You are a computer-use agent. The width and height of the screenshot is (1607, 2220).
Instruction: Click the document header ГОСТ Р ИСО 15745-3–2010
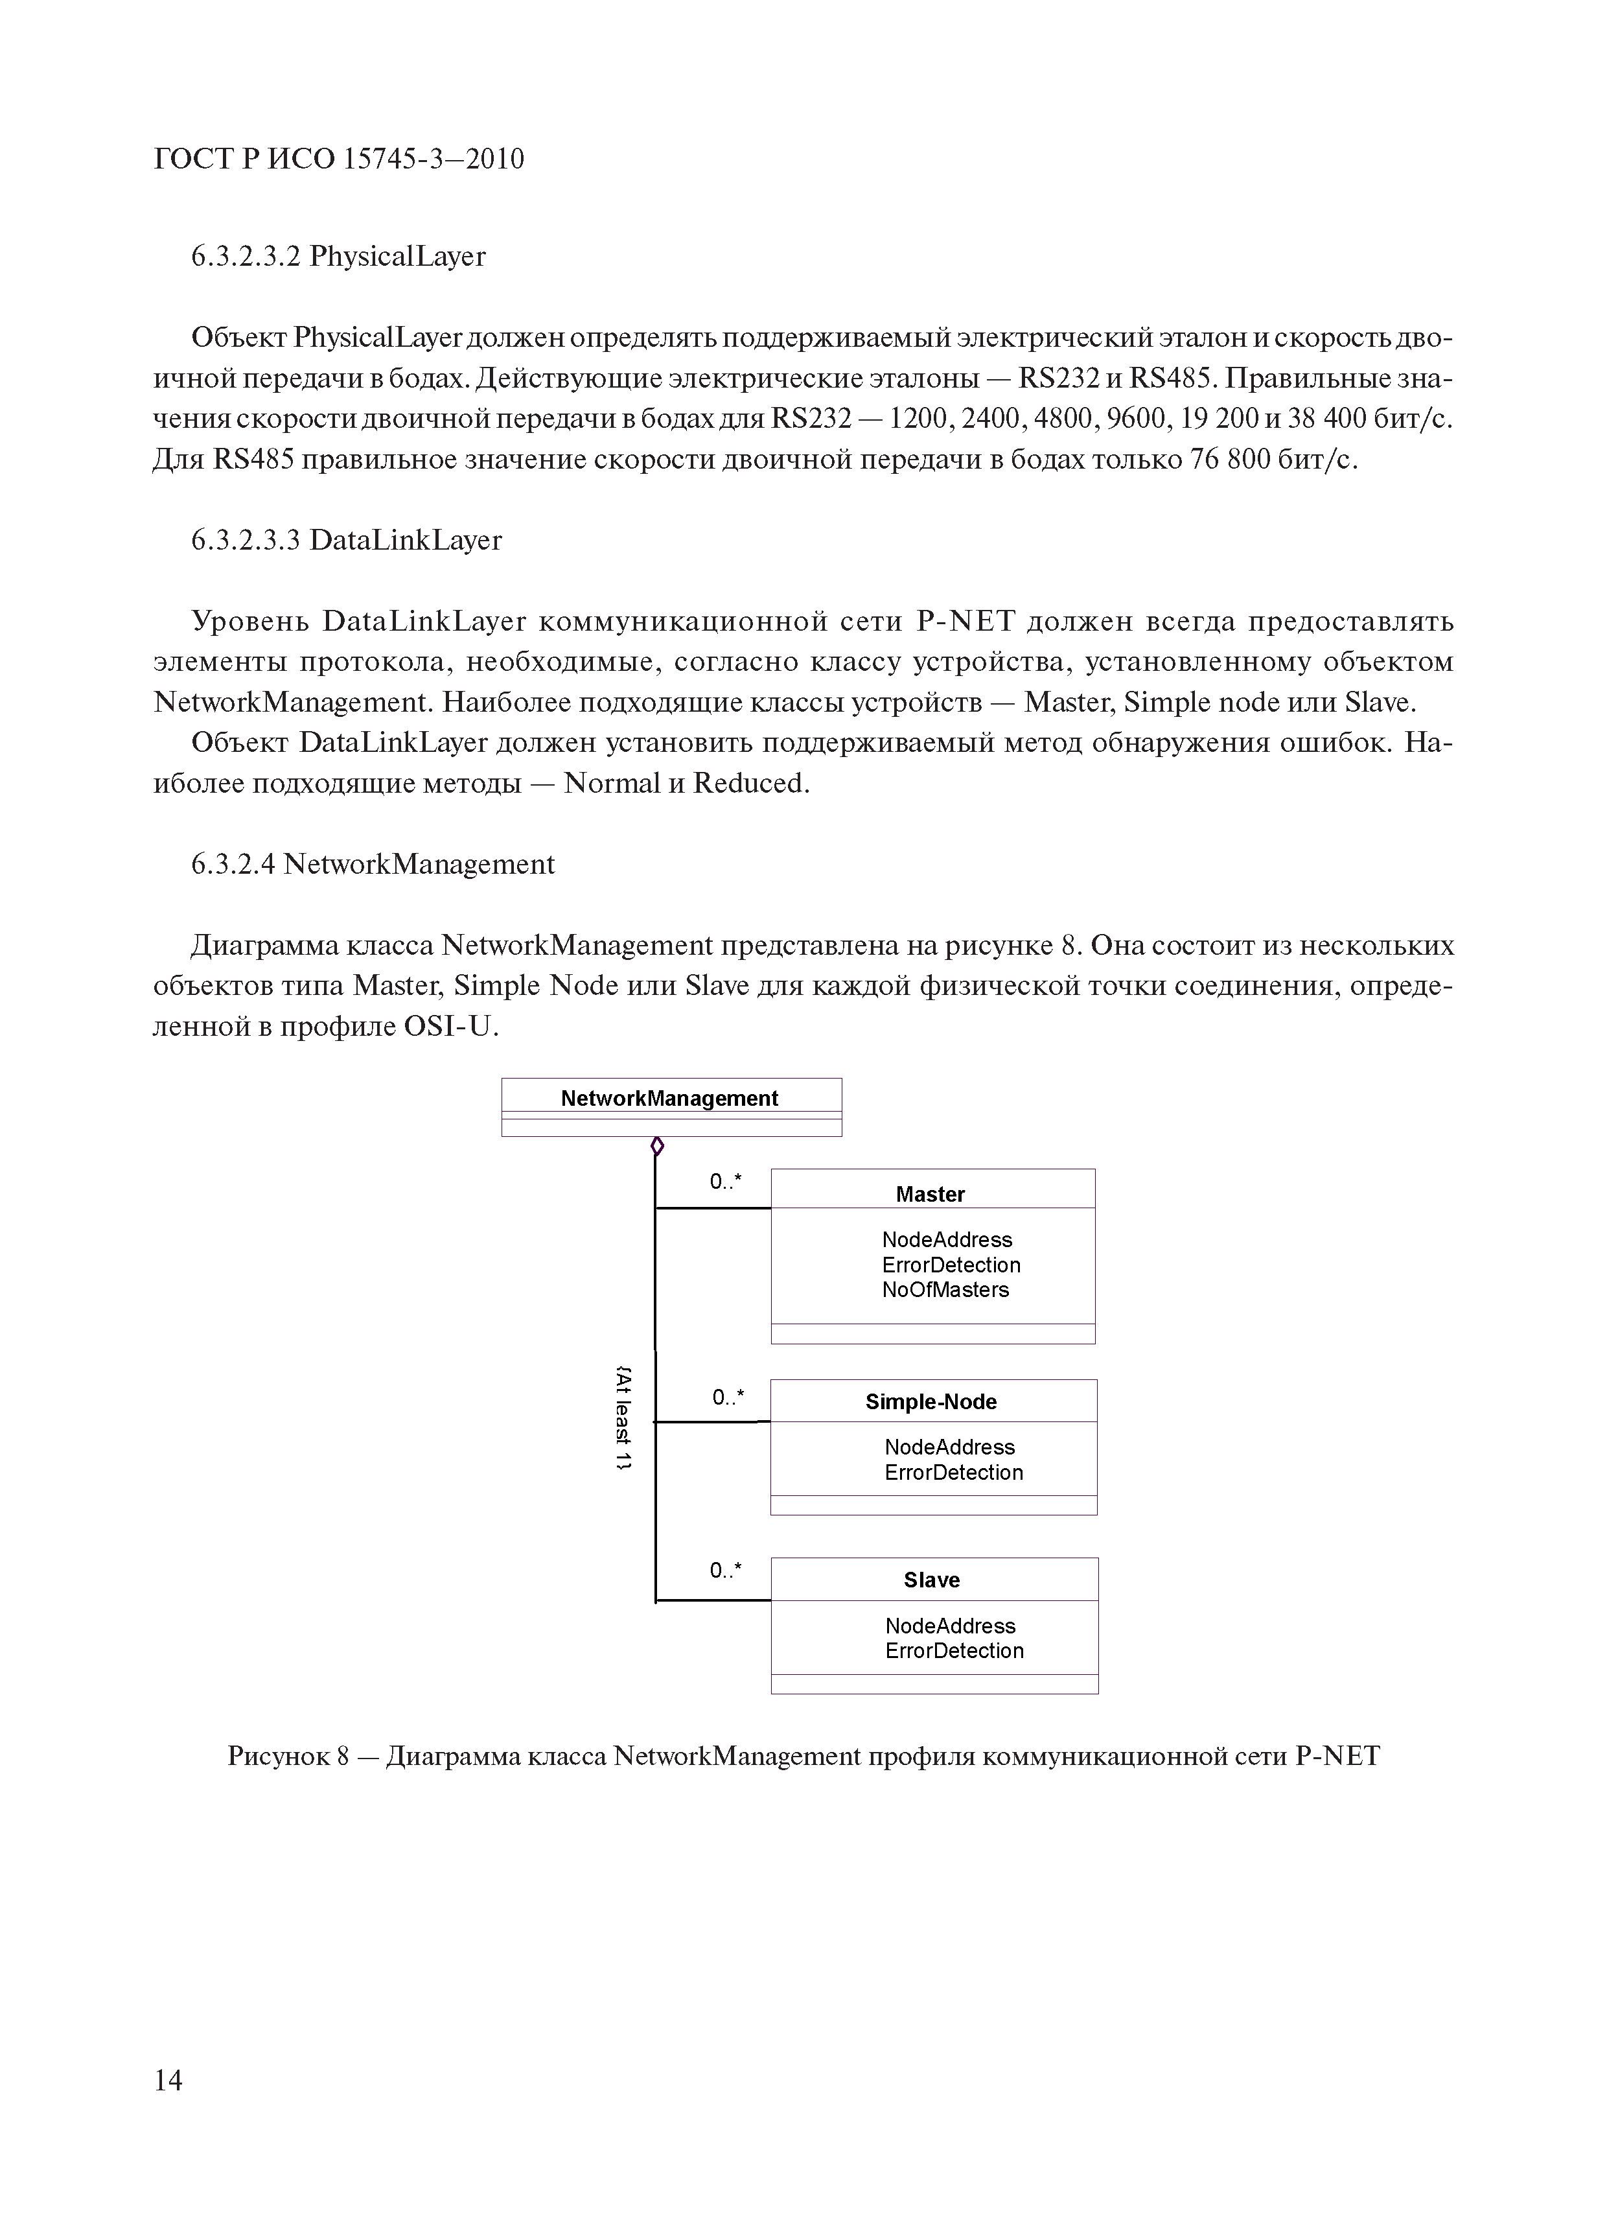pos(339,159)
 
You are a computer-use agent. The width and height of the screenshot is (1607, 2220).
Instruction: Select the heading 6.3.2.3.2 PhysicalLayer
pos(338,257)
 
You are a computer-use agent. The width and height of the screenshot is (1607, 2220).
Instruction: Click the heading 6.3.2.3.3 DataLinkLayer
pos(347,541)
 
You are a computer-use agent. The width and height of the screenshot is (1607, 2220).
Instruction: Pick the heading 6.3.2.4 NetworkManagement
pos(373,864)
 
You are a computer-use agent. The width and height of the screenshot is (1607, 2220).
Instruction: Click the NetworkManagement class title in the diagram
pos(669,1098)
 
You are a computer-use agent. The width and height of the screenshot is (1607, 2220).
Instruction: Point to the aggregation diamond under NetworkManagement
pos(656,1145)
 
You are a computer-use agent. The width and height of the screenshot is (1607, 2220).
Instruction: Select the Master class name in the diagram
pos(930,1194)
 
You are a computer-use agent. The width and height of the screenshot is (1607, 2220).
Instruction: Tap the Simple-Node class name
pos(931,1402)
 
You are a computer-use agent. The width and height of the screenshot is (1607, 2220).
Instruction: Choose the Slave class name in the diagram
pos(932,1580)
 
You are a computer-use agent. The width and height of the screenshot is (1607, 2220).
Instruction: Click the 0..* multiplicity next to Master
pos(725,1182)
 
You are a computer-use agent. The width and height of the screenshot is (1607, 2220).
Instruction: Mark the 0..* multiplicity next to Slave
pos(725,1570)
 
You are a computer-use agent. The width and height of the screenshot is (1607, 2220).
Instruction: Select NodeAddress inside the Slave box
pos(951,1626)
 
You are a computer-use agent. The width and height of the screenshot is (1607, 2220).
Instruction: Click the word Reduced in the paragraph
pos(748,784)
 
